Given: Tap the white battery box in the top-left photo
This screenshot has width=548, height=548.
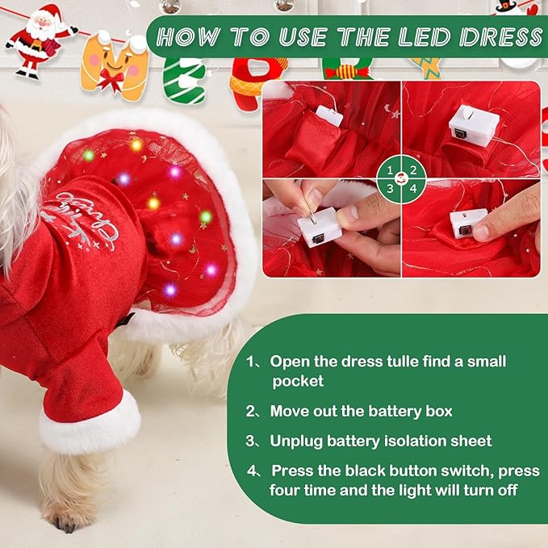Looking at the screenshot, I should pyautogui.click(x=330, y=115).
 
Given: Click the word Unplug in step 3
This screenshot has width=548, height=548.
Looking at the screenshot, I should pyautogui.click(x=295, y=441).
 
